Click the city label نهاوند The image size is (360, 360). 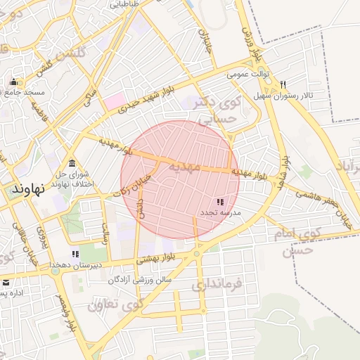(29, 188)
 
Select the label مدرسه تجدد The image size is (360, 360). (220, 212)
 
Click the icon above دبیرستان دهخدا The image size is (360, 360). (75, 254)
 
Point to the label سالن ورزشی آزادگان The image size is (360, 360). (140, 280)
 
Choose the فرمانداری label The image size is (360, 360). (216, 285)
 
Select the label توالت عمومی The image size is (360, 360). (245, 73)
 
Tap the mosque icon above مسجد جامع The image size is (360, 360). (13, 82)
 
